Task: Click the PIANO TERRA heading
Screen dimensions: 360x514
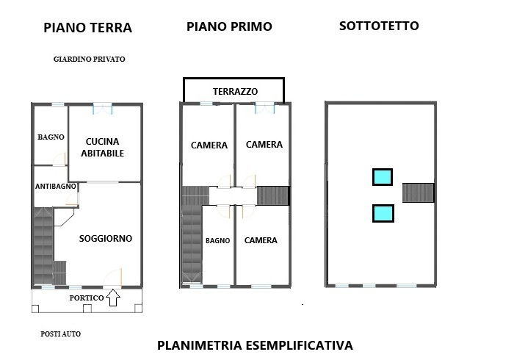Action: point(87,29)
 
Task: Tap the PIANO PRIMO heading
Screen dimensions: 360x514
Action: point(229,26)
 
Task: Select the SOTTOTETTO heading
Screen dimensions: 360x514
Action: point(379,26)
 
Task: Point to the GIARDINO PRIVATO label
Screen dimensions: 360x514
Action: point(90,59)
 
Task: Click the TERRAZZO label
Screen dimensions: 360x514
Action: point(235,92)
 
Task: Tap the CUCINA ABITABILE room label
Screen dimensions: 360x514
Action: point(104,147)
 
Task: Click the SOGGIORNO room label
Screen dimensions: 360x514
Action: point(105,238)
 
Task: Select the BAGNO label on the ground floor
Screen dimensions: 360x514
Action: point(51,137)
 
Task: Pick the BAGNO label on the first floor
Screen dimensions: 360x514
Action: point(218,240)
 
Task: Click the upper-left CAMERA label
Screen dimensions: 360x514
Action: point(209,145)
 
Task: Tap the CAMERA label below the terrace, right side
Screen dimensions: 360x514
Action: point(264,145)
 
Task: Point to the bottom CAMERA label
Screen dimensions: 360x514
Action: point(261,240)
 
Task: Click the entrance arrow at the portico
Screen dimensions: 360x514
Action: point(113,298)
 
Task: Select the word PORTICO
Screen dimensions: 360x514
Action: point(86,298)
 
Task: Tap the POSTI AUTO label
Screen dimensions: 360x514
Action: point(61,334)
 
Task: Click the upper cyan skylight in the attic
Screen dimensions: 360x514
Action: point(382,177)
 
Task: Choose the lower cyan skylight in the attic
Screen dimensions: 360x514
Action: point(382,213)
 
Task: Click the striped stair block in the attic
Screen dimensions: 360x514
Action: point(419,192)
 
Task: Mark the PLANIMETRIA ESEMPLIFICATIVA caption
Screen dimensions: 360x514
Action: point(255,345)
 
